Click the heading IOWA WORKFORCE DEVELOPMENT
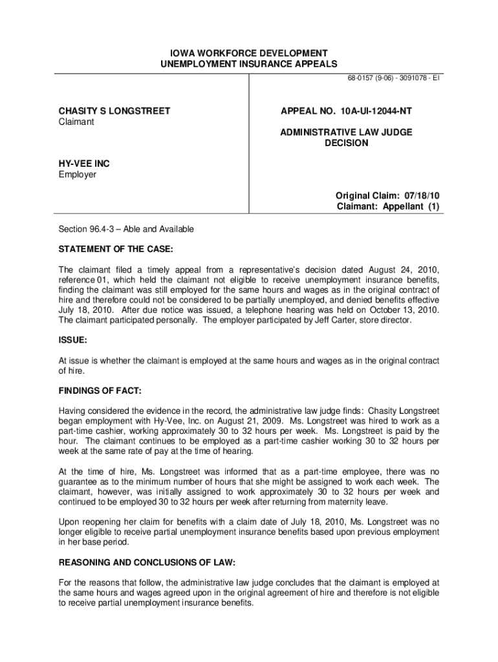249,53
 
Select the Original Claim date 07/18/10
422,196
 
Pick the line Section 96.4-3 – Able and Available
126,230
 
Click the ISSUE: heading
72,340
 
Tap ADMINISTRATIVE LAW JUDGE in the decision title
346,132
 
